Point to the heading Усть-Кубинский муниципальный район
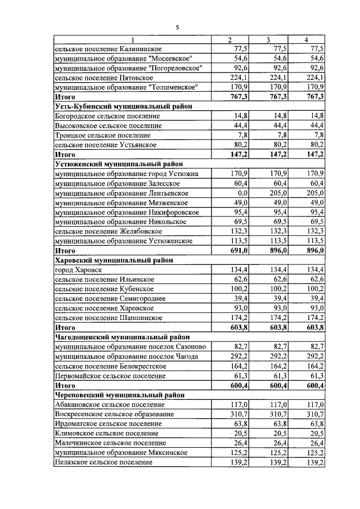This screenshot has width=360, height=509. (123, 106)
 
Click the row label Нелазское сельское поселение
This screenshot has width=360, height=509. (103, 462)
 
